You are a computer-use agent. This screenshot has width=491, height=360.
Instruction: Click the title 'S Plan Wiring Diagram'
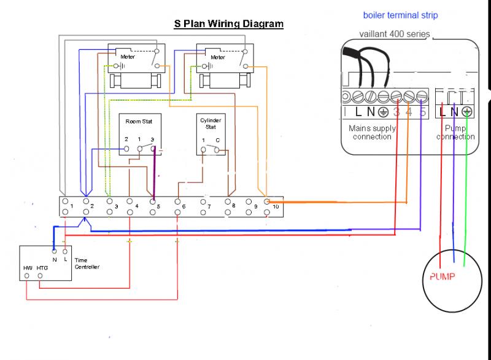(230, 25)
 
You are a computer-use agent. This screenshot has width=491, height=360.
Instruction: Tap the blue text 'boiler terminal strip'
(401, 15)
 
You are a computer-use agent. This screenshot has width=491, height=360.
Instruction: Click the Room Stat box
(139, 132)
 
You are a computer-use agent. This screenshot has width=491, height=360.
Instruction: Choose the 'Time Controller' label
(87, 264)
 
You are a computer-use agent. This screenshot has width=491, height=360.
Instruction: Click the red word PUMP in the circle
(442, 277)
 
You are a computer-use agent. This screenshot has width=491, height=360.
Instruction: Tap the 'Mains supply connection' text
(372, 133)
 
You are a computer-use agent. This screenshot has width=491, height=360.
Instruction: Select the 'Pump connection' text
(455, 133)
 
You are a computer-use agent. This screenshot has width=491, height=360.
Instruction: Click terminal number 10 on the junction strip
(276, 207)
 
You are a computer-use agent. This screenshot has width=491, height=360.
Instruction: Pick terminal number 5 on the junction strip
(158, 207)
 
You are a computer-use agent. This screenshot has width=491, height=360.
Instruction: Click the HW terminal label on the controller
(28, 268)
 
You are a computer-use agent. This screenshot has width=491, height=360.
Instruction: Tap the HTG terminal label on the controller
(42, 268)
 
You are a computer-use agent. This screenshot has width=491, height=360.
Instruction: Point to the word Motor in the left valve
(127, 57)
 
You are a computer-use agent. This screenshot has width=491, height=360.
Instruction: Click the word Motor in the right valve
(217, 57)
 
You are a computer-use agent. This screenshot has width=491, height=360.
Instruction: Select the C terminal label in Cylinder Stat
(217, 141)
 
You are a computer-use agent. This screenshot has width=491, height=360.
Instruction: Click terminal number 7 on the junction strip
(209, 207)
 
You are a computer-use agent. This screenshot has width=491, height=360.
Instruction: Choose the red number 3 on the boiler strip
(396, 112)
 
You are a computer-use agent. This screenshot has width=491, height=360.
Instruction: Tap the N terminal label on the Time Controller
(54, 260)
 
